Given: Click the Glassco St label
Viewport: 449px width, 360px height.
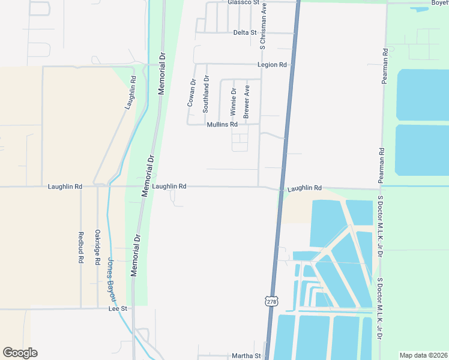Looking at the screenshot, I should pyautogui.click(x=243, y=2).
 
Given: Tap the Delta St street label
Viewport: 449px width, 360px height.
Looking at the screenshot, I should pyautogui.click(x=245, y=32).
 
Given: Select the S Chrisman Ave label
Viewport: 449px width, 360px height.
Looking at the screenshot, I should pyautogui.click(x=262, y=25).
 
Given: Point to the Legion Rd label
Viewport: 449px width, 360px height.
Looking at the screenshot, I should pyautogui.click(x=272, y=64).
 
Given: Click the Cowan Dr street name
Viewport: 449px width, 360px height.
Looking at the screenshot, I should pyautogui.click(x=191, y=94).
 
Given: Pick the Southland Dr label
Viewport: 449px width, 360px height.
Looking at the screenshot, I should pyautogui.click(x=206, y=94).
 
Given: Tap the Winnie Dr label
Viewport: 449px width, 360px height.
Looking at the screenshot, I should pyautogui.click(x=234, y=102).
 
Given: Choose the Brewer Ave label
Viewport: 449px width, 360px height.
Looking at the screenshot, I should pyautogui.click(x=246, y=101).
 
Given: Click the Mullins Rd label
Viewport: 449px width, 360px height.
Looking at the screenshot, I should pyautogui.click(x=222, y=125).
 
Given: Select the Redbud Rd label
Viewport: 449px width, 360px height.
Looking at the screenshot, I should pyautogui.click(x=81, y=248).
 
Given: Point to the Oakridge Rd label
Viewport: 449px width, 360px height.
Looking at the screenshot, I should pyautogui.click(x=97, y=246).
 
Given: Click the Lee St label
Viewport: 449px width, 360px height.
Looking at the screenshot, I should pyautogui.click(x=118, y=308).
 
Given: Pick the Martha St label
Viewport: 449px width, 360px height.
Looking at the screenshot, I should pyautogui.click(x=247, y=356).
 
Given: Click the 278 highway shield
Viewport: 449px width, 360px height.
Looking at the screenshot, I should pyautogui.click(x=271, y=302).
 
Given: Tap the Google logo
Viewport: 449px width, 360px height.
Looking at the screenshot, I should pyautogui.click(x=20, y=353).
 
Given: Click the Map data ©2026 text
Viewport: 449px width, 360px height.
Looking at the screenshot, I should pyautogui.click(x=423, y=355).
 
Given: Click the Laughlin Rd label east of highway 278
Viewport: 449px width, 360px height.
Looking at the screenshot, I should pyautogui.click(x=304, y=188).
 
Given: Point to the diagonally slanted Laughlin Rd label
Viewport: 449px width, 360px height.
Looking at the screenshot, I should pyautogui.click(x=131, y=92).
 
